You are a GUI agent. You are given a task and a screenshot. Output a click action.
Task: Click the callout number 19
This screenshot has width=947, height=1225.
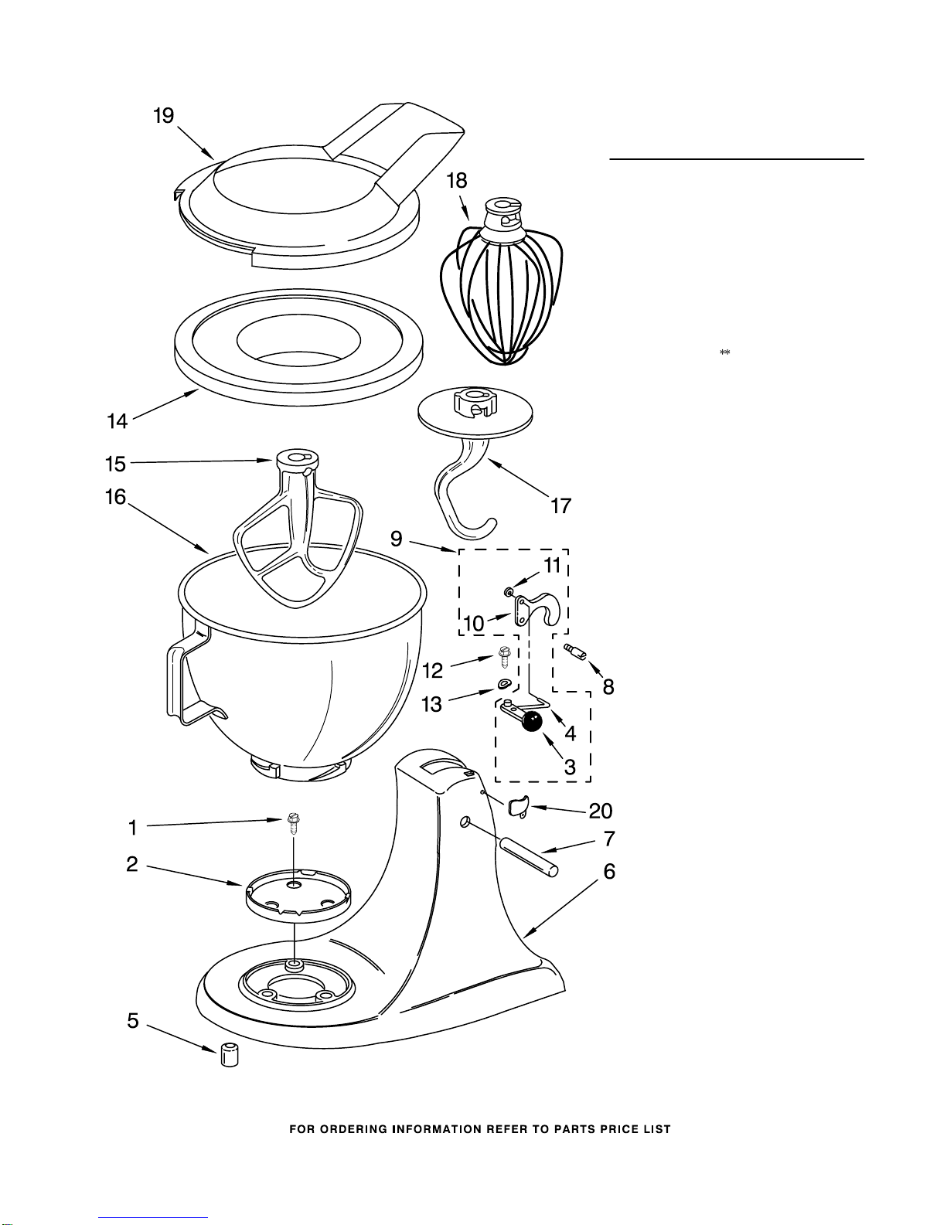(x=163, y=116)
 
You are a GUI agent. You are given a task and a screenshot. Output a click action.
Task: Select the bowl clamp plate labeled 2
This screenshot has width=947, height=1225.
(x=297, y=897)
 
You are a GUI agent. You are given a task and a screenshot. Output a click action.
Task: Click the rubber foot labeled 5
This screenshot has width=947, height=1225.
(x=228, y=1054)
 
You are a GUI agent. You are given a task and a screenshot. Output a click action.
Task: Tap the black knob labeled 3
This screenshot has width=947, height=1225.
(x=530, y=722)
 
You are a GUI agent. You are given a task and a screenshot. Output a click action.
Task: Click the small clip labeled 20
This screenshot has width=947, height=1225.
(x=517, y=806)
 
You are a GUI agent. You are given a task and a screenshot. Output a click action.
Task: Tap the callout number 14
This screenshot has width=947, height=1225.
(x=117, y=421)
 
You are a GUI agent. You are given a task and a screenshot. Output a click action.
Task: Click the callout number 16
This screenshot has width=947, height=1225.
(x=115, y=496)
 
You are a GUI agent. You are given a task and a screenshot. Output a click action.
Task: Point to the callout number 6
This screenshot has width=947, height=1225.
(x=609, y=872)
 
